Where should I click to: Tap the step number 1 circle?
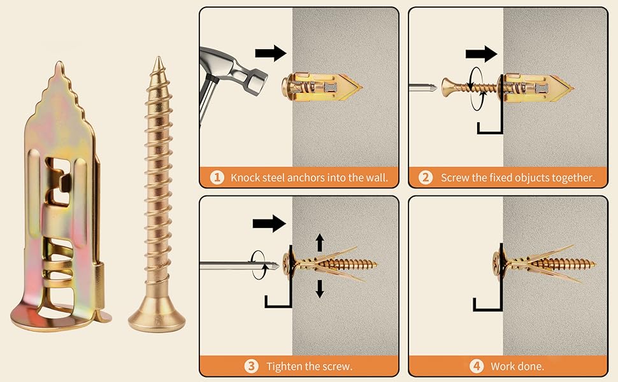[x=217, y=178]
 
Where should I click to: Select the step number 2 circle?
[x=426, y=178]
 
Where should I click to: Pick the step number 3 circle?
[x=252, y=366]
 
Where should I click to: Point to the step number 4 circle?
[x=476, y=366]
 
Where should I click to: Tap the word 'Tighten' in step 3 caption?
[x=285, y=367]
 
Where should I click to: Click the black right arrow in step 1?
[x=270, y=53]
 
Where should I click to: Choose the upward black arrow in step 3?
[x=320, y=243]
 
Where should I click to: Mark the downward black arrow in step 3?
[x=320, y=289]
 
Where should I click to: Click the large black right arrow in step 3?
[x=269, y=223]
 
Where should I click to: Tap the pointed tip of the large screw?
[x=157, y=60]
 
